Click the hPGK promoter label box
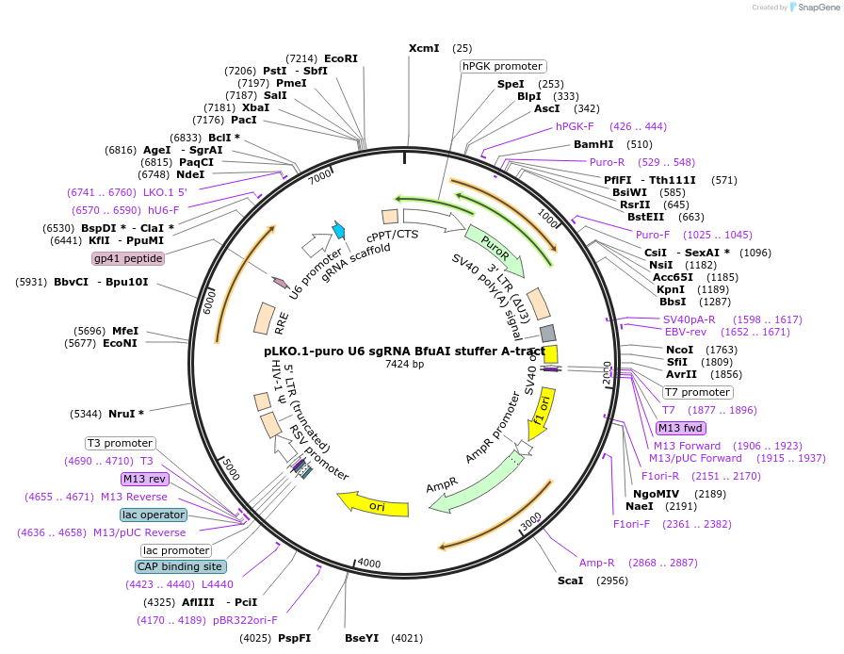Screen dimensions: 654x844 point(503,66)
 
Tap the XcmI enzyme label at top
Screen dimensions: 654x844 point(423,48)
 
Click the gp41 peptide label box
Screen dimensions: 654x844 point(128,258)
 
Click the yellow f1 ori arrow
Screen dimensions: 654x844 point(540,414)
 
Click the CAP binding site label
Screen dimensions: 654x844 point(180,566)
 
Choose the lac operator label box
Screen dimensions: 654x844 point(154,515)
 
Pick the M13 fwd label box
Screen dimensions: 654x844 point(681,428)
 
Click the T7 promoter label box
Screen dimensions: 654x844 point(698,392)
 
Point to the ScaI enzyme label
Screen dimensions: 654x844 point(570,580)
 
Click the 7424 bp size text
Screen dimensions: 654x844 point(405,364)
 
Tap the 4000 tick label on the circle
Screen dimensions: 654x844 point(368,564)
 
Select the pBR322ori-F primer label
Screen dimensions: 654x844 point(245,620)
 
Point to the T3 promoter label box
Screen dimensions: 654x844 point(121,443)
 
